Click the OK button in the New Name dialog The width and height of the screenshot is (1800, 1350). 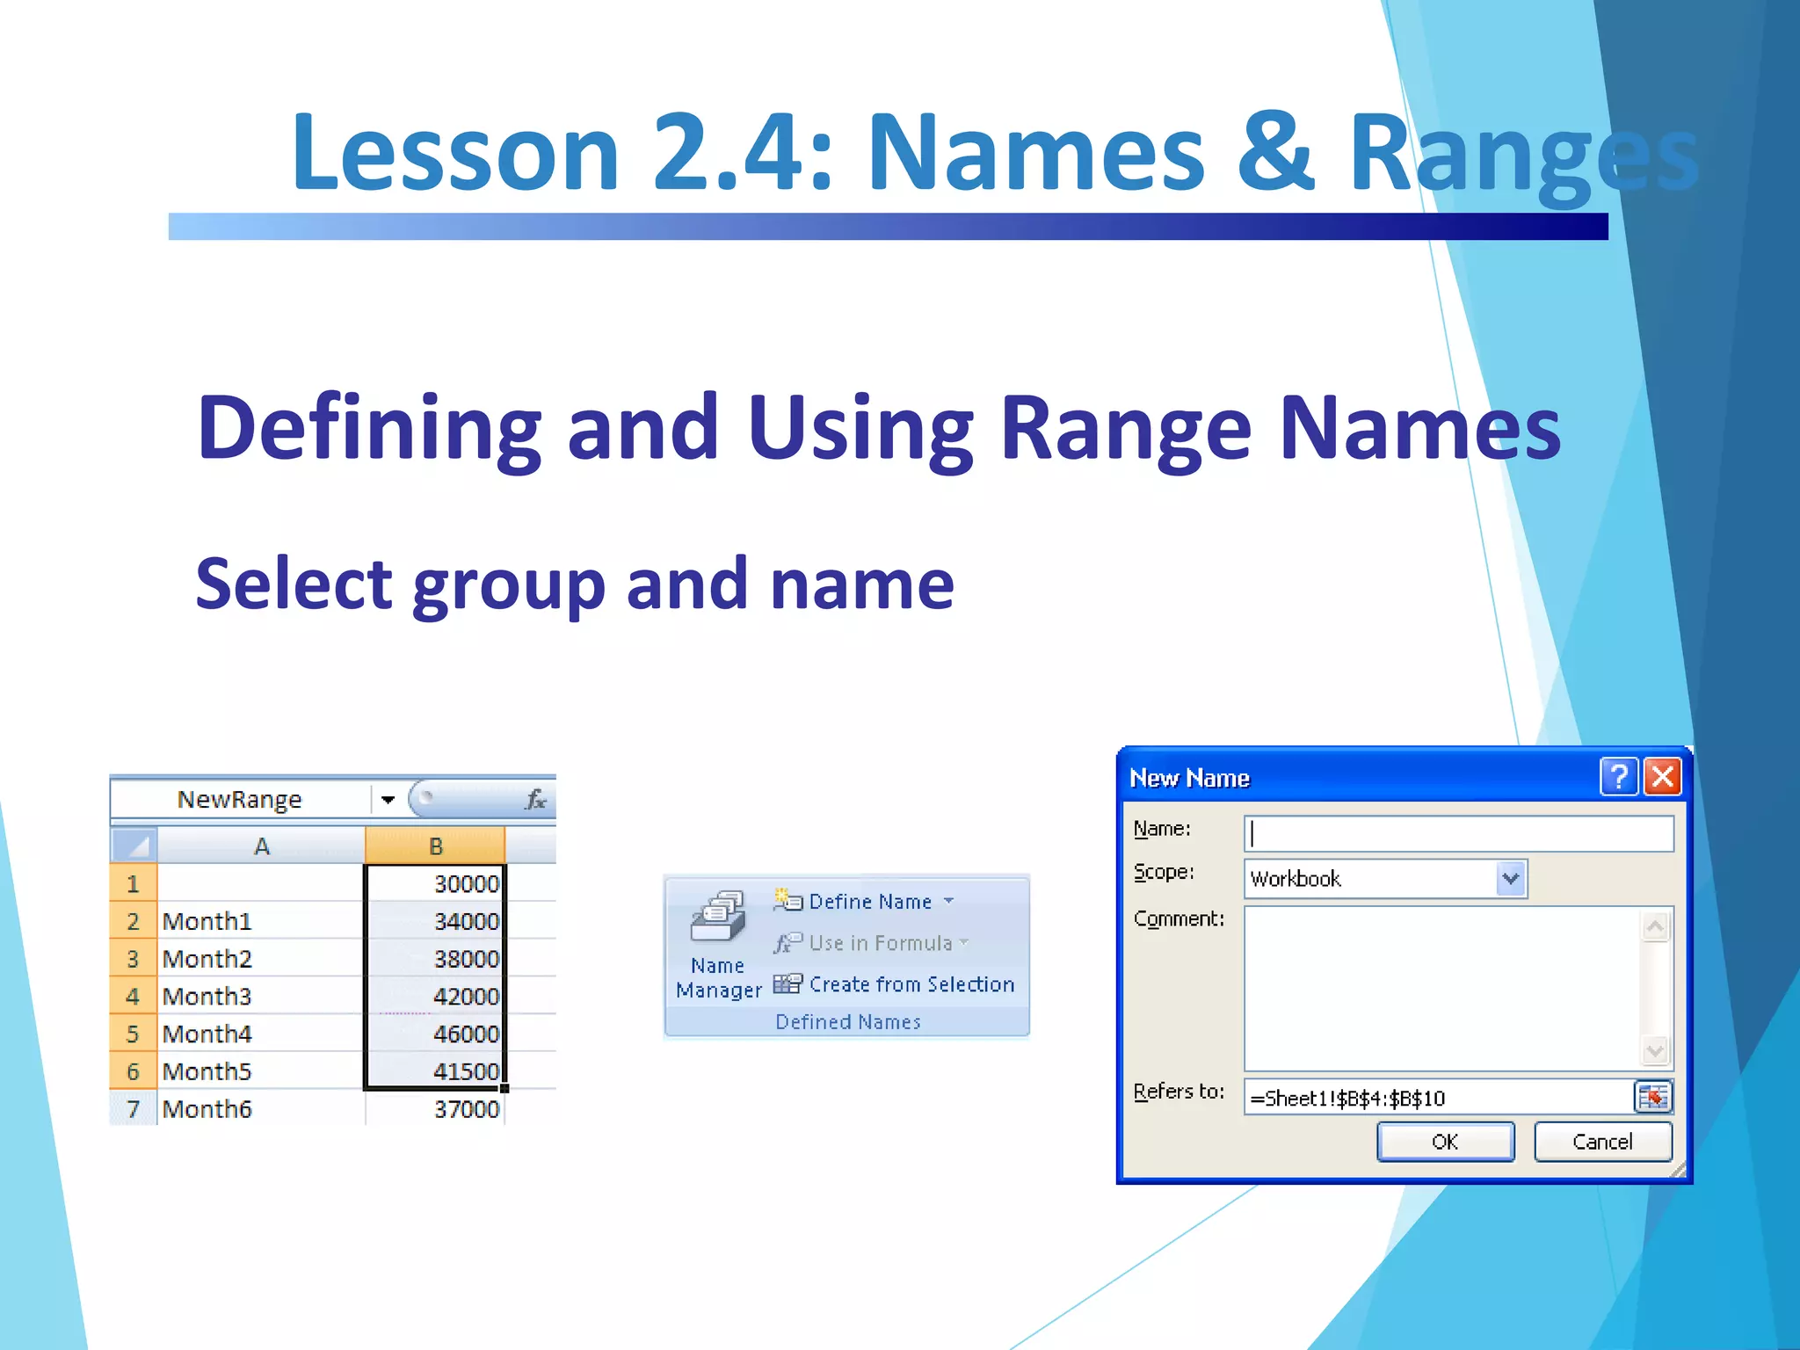tap(1445, 1142)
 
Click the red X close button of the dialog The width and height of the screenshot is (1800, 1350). tap(1662, 777)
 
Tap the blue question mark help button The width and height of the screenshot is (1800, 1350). tap(1618, 777)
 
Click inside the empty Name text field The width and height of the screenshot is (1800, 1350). tap(1459, 833)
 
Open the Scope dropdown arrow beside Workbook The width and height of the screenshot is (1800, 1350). tap(1510, 879)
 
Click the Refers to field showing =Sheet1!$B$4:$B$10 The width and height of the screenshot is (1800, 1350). tap(1438, 1098)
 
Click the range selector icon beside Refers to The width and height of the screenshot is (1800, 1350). tap(1652, 1097)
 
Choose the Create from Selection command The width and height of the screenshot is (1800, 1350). tap(911, 984)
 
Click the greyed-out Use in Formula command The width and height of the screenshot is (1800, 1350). tap(879, 943)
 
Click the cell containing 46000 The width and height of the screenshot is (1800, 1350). tap(436, 1034)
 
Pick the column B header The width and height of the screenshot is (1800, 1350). tap(435, 846)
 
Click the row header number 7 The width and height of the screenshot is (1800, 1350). tap(134, 1109)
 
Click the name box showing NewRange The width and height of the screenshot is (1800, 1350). tap(240, 800)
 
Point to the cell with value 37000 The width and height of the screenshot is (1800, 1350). tap(436, 1109)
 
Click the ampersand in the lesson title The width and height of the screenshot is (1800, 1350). tap(1274, 151)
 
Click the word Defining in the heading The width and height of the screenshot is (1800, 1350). tap(369, 428)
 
